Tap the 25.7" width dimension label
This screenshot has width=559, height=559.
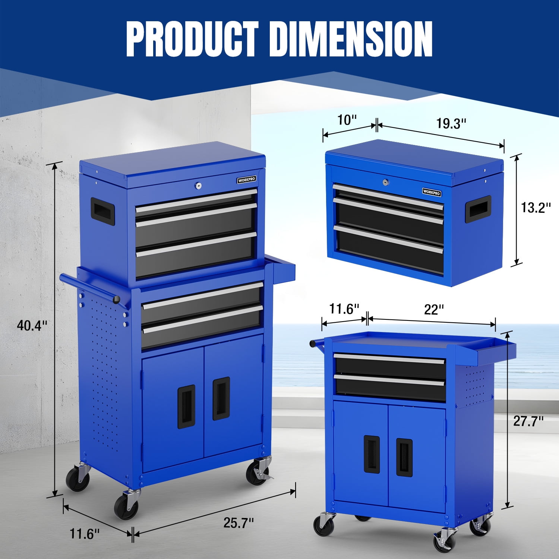tap(239, 523)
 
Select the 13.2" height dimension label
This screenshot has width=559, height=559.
tap(536, 208)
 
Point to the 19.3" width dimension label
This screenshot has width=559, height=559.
tap(451, 123)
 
